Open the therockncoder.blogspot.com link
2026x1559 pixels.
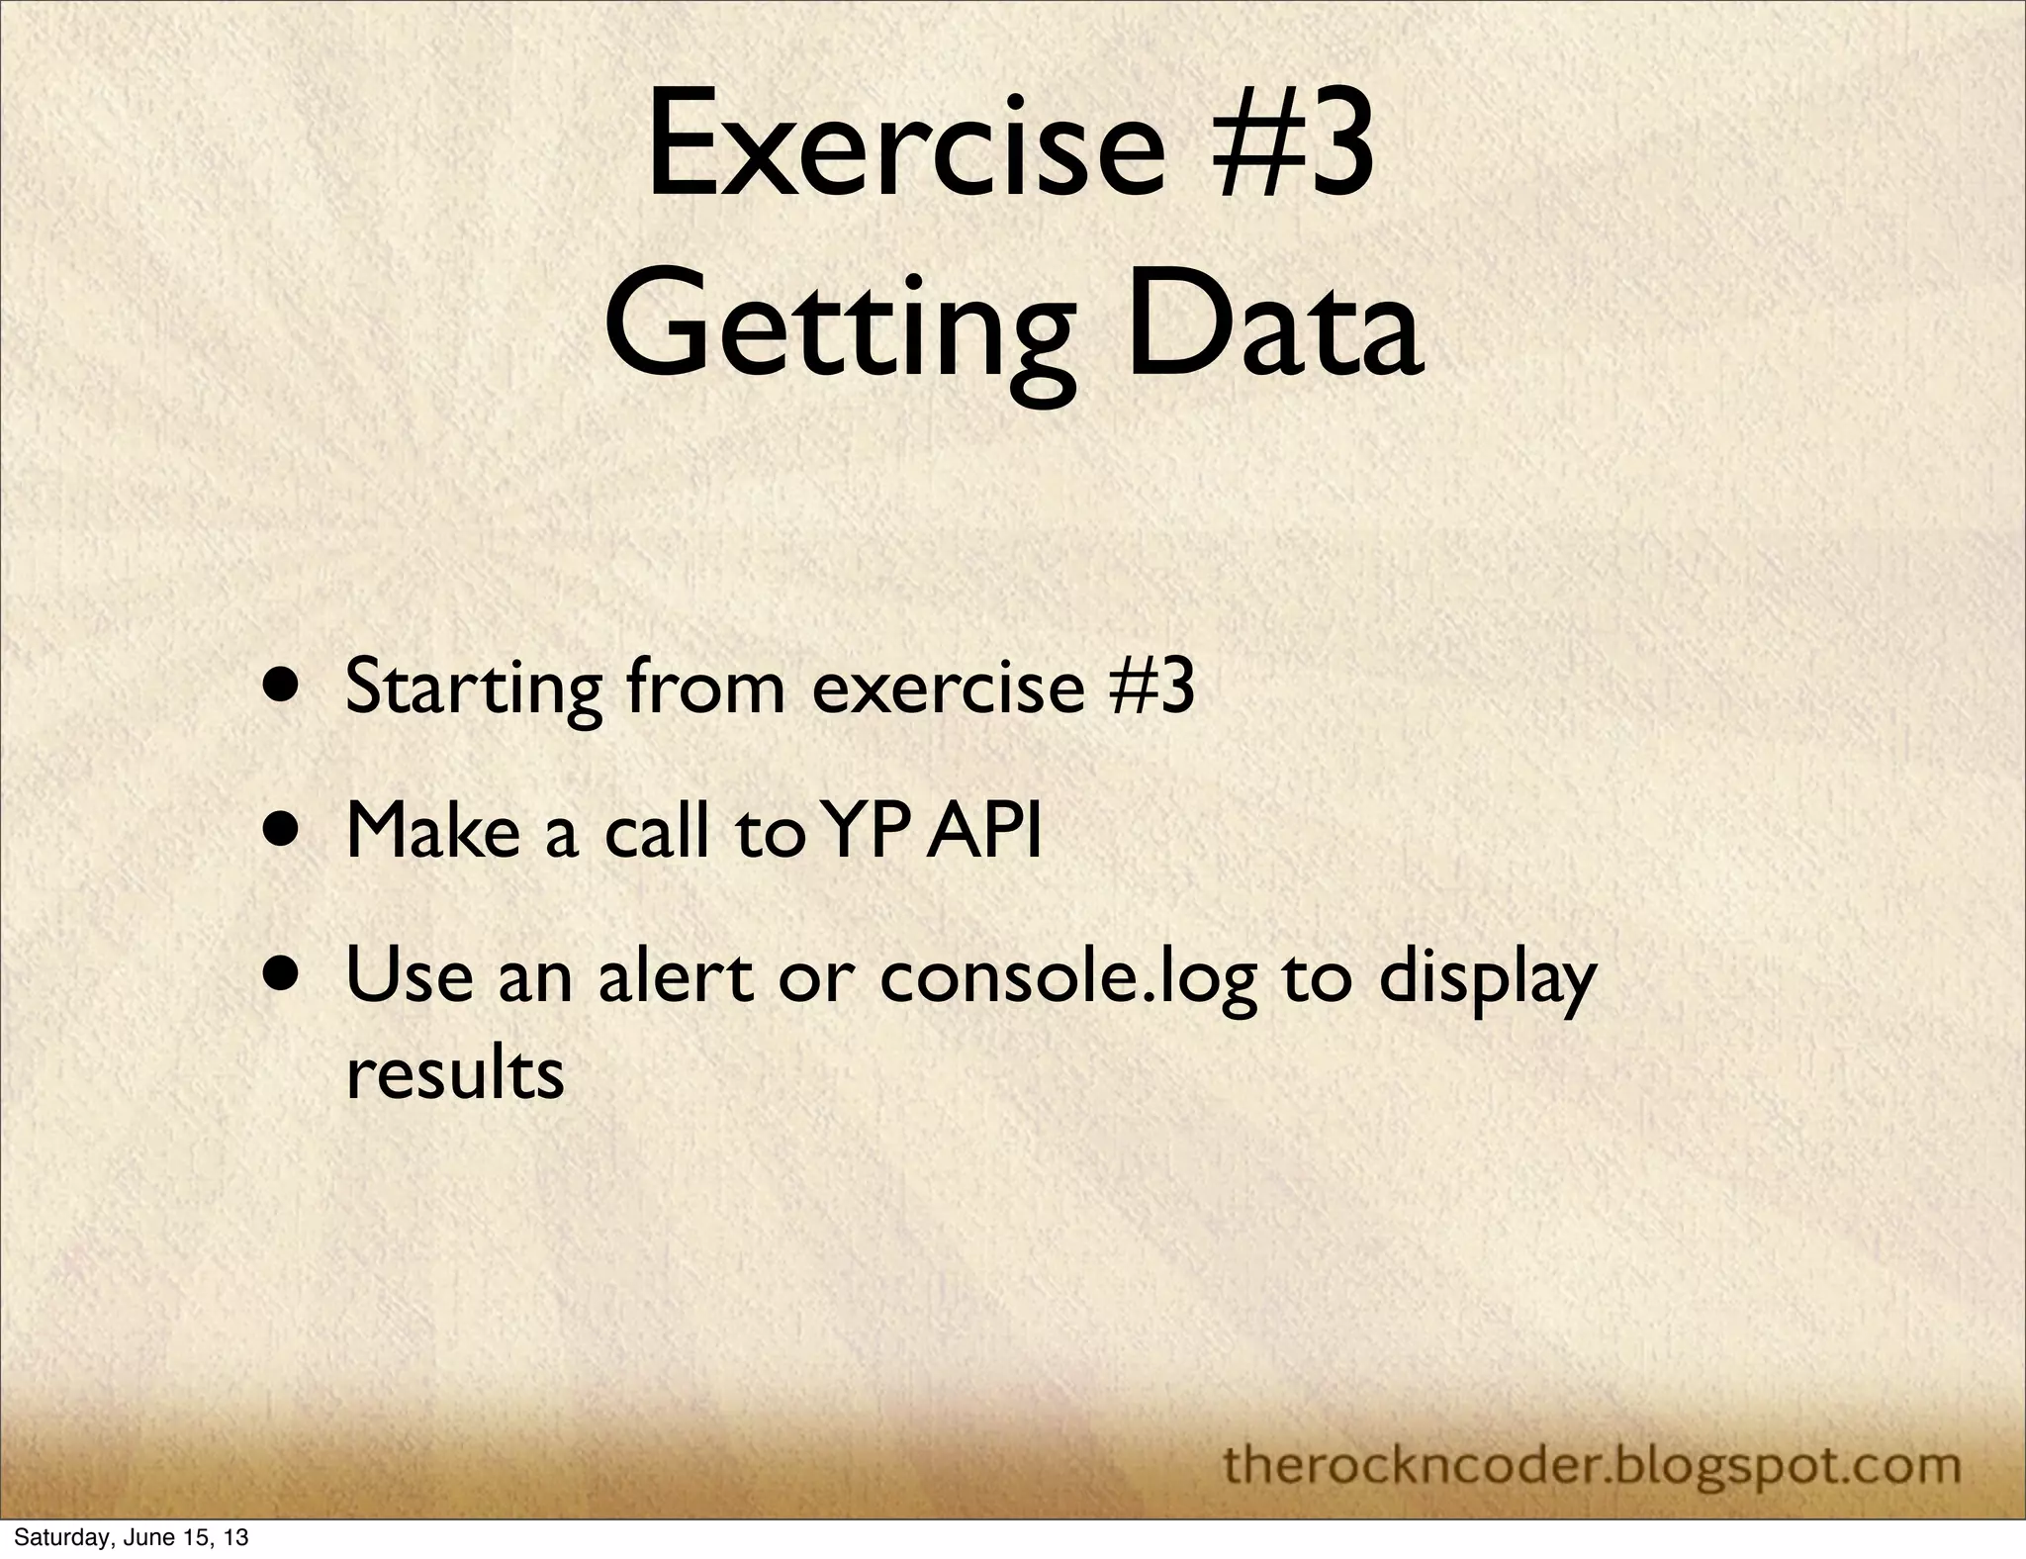(1592, 1436)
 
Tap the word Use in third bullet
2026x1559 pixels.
(410, 974)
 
